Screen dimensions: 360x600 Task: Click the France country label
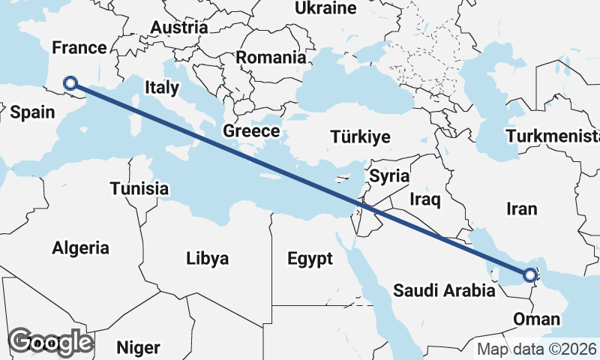click(x=79, y=48)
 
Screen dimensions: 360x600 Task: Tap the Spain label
click(x=33, y=112)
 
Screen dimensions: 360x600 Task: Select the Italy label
click(x=162, y=87)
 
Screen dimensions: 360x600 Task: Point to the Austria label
click(x=178, y=27)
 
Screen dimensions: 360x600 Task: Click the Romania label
click(x=271, y=57)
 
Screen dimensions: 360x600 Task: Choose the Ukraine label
click(x=325, y=9)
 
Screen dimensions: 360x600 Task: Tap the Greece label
click(x=251, y=131)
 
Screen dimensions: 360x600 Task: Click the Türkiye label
click(x=361, y=136)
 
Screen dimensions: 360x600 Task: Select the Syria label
click(x=388, y=177)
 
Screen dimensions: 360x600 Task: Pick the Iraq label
click(x=424, y=199)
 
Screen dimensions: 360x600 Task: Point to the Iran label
click(x=522, y=209)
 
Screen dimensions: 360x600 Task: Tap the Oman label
click(x=537, y=319)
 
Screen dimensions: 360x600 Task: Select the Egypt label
click(x=310, y=259)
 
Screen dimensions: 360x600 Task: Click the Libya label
click(x=207, y=259)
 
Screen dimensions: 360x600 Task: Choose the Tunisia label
click(x=139, y=188)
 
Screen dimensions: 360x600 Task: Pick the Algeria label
click(x=80, y=247)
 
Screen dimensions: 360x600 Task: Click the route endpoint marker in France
click(x=70, y=83)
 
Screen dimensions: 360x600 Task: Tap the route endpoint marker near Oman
click(x=531, y=276)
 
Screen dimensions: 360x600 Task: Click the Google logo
click(x=50, y=342)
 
